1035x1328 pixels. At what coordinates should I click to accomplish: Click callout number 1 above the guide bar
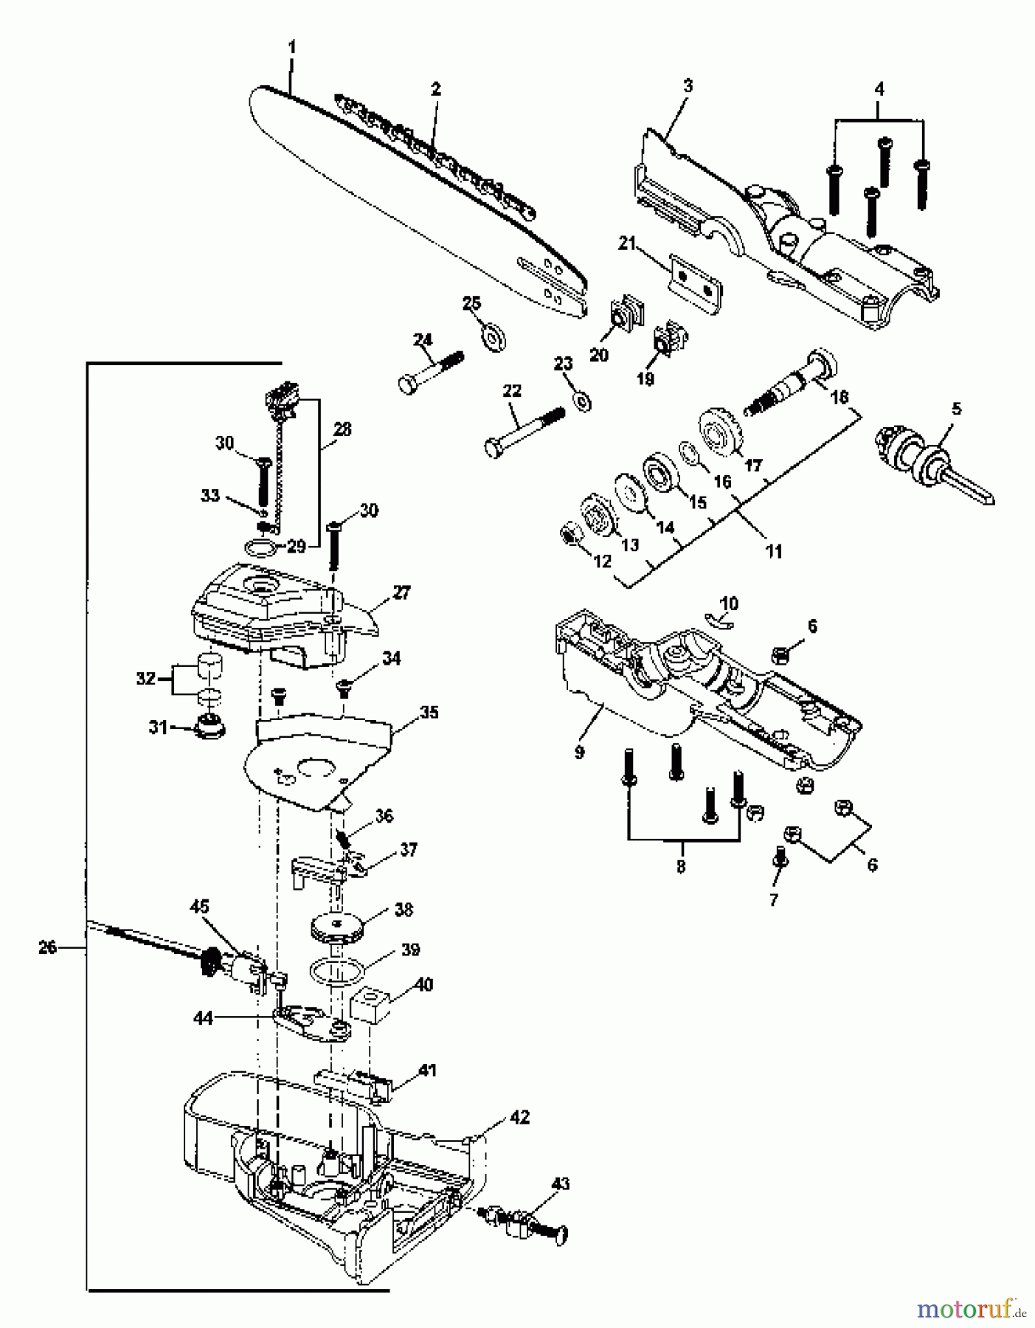pos(291,47)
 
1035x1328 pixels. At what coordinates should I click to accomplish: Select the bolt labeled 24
pos(432,372)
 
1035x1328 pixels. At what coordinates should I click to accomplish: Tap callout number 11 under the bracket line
pos(773,551)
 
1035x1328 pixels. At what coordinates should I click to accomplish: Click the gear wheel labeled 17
pos(719,436)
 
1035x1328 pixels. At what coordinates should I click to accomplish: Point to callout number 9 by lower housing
pos(579,753)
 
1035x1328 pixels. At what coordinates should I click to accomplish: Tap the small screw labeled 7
pos(780,859)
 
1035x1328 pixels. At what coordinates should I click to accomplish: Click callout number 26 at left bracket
pos(47,947)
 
